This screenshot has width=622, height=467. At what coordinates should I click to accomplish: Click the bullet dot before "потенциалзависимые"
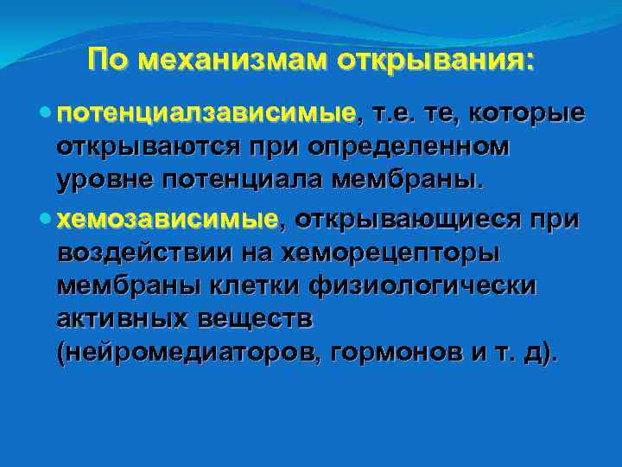(x=46, y=112)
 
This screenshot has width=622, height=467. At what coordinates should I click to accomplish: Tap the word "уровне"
(x=108, y=181)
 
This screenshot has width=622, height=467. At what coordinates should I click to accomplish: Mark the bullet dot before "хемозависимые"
(x=46, y=218)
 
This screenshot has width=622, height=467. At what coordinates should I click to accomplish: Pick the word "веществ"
(x=258, y=318)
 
